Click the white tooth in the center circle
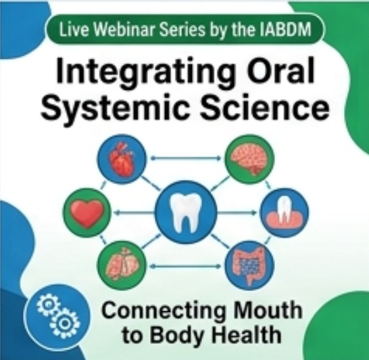[x=186, y=212]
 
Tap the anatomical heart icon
[x=122, y=159]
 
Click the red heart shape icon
[x=87, y=213]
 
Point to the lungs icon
[x=122, y=265]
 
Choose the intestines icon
[x=249, y=265]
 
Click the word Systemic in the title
[x=116, y=107]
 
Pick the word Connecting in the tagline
[x=164, y=312]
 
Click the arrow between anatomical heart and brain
[x=186, y=158]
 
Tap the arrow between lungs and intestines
[x=186, y=266]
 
